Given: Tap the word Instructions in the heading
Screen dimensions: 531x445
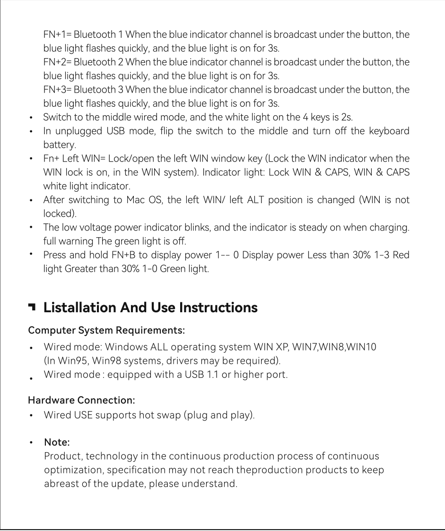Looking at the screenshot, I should coord(218,308).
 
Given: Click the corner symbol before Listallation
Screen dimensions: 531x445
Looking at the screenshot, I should coord(32,308).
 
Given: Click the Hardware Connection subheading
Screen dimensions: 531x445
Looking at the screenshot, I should coord(82,400).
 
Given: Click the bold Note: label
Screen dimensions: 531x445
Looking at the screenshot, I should coord(56,443).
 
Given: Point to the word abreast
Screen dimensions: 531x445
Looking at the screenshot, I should coord(60,484).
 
